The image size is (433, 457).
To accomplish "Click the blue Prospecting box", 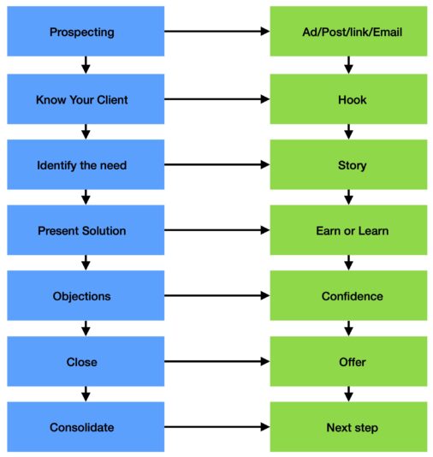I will pyautogui.click(x=84, y=33).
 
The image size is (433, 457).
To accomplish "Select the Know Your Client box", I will pyautogui.click(x=84, y=99).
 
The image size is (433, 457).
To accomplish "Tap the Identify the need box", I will pyautogui.click(x=84, y=165).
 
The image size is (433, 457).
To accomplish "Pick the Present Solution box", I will pyautogui.click(x=84, y=231).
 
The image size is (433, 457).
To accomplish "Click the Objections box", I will pyautogui.click(x=84, y=296).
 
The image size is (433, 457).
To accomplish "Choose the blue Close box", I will pyautogui.click(x=84, y=362).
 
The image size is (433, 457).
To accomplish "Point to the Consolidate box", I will pyautogui.click(x=84, y=427).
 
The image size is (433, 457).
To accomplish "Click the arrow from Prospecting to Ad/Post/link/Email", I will pyautogui.click(x=216, y=32).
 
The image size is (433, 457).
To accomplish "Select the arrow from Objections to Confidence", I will pyautogui.click(x=216, y=296).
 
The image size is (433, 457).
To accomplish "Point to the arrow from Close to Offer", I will pyautogui.click(x=216, y=362).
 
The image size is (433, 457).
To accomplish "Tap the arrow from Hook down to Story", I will pyautogui.click(x=348, y=132).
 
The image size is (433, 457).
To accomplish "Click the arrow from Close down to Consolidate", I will pyautogui.click(x=85, y=395).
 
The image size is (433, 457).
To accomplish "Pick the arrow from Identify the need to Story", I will pyautogui.click(x=216, y=165).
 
